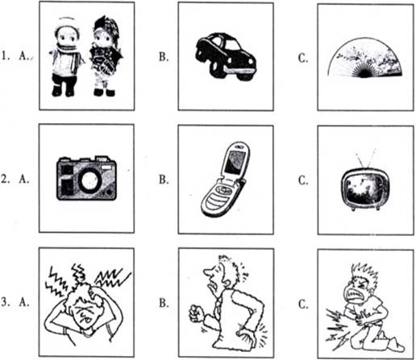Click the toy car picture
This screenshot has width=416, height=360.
226,56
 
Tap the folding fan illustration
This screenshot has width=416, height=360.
364,58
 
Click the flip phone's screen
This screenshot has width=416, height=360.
235,162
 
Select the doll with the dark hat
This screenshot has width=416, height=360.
106,56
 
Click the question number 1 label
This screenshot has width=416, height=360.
4,56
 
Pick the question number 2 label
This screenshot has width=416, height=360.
5,179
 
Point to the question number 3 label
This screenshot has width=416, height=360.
5,302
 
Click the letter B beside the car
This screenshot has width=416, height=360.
164,56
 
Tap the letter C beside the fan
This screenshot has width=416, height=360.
303,58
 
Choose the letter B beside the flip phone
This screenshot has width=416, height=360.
164,180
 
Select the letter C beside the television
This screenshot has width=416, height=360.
303,180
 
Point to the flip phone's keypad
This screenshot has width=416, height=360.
218,198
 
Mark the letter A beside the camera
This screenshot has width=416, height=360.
24,179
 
